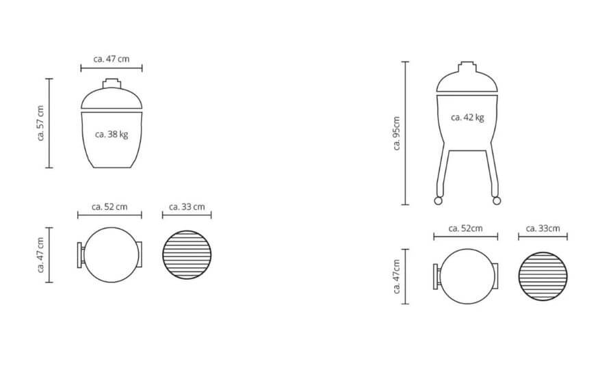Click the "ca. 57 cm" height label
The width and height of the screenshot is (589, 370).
[40, 123]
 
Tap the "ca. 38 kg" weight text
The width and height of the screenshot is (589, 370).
[112, 135]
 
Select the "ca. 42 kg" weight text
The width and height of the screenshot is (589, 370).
[467, 118]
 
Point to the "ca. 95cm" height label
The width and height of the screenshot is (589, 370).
[397, 133]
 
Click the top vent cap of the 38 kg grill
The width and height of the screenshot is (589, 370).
[112, 83]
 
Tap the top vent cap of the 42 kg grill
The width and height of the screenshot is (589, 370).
[467, 66]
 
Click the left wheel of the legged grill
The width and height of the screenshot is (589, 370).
[438, 201]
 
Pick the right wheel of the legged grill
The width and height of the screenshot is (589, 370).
[497, 201]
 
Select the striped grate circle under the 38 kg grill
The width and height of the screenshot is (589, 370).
[187, 254]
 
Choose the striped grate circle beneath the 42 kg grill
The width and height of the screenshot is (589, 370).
[542, 276]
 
